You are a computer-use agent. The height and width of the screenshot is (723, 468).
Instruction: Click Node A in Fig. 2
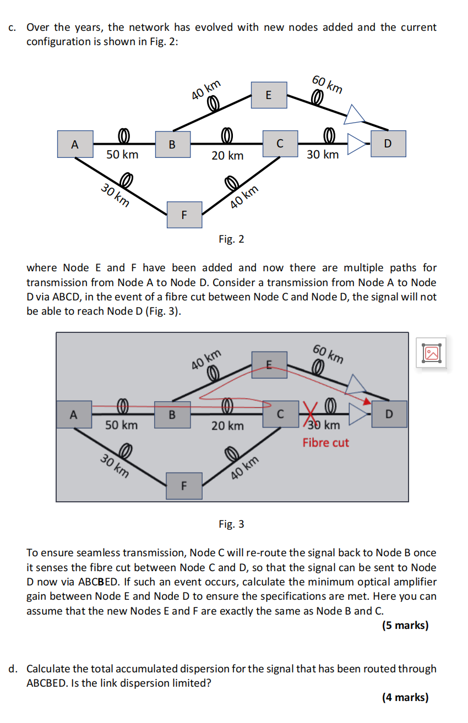pyautogui.click(x=75, y=145)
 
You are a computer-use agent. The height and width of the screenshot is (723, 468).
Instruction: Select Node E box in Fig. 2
pyautogui.click(x=268, y=95)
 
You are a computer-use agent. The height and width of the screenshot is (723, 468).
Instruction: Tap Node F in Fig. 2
pyautogui.click(x=184, y=214)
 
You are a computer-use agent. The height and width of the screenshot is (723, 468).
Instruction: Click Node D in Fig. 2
pyautogui.click(x=388, y=144)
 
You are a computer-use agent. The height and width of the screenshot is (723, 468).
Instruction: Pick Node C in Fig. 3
pyautogui.click(x=280, y=414)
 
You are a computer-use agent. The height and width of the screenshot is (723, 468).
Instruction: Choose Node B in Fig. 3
pyautogui.click(x=172, y=414)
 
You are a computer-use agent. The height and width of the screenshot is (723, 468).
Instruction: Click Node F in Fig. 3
pyautogui.click(x=184, y=485)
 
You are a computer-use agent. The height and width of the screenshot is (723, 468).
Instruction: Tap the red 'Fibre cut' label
pyautogui.click(x=325, y=442)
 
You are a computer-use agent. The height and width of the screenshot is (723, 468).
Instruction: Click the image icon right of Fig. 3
pyautogui.click(x=432, y=353)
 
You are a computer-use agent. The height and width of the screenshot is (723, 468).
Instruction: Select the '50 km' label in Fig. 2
pyautogui.click(x=122, y=155)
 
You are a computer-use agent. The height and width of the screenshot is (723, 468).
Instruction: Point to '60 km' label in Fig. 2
pyautogui.click(x=327, y=83)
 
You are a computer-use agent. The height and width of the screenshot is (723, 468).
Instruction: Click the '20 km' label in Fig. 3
pyautogui.click(x=227, y=426)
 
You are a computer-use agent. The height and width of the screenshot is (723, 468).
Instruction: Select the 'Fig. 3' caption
pyautogui.click(x=231, y=524)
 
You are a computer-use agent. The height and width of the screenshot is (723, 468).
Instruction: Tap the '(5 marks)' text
pyautogui.click(x=405, y=625)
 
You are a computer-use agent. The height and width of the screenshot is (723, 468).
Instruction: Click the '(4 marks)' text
pyautogui.click(x=405, y=697)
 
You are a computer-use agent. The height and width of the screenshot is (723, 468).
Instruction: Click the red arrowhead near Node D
pyautogui.click(x=364, y=399)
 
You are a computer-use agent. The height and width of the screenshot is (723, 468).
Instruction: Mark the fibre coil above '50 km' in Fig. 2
pyautogui.click(x=123, y=135)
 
